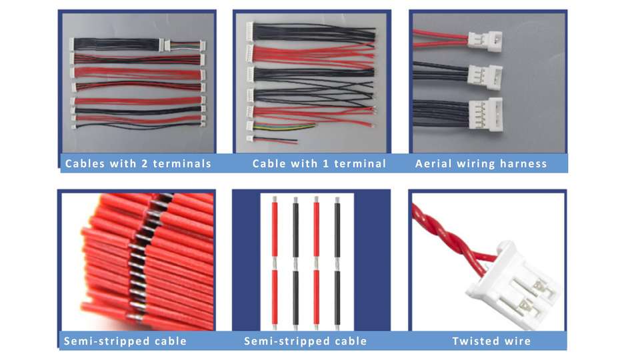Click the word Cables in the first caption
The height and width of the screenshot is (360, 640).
[x=85, y=163]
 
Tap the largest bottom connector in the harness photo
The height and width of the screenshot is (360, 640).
[x=485, y=113]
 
